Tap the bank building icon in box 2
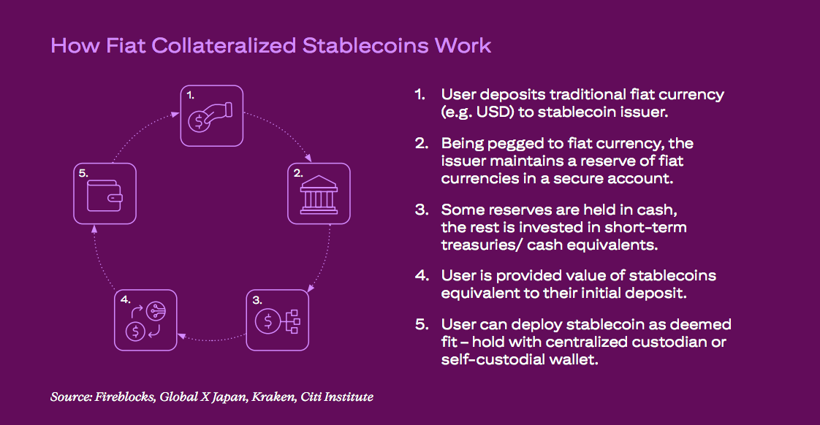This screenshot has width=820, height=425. point(319,195)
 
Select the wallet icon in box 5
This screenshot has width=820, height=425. point(105,196)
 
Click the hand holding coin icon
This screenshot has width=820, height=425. point(210,117)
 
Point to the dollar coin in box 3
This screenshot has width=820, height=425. point(267,321)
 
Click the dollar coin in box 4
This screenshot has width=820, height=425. point(135,331)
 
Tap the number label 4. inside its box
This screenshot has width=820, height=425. point(126,299)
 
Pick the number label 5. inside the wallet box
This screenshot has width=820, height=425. point(83,173)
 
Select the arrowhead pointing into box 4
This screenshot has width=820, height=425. point(181,336)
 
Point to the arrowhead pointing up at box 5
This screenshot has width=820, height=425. point(94,228)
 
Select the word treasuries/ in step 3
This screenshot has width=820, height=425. point(481,245)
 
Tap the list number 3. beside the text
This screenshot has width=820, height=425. point(422,210)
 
